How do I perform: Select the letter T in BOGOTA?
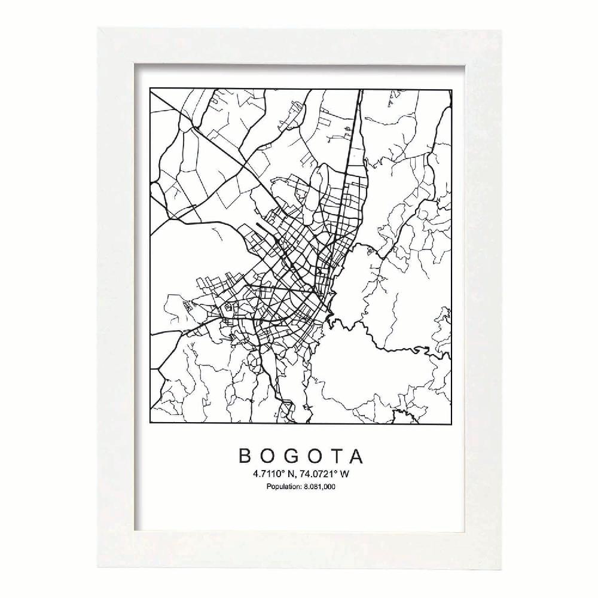[x=335, y=456]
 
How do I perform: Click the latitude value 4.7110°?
[x=269, y=474]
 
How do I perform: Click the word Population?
[x=283, y=487]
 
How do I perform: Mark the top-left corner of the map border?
[x=149, y=90]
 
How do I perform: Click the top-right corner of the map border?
[x=451, y=90]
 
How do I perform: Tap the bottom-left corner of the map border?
[x=149, y=423]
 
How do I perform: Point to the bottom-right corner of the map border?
[x=451, y=423]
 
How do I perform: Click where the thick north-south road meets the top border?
[x=361, y=90]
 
